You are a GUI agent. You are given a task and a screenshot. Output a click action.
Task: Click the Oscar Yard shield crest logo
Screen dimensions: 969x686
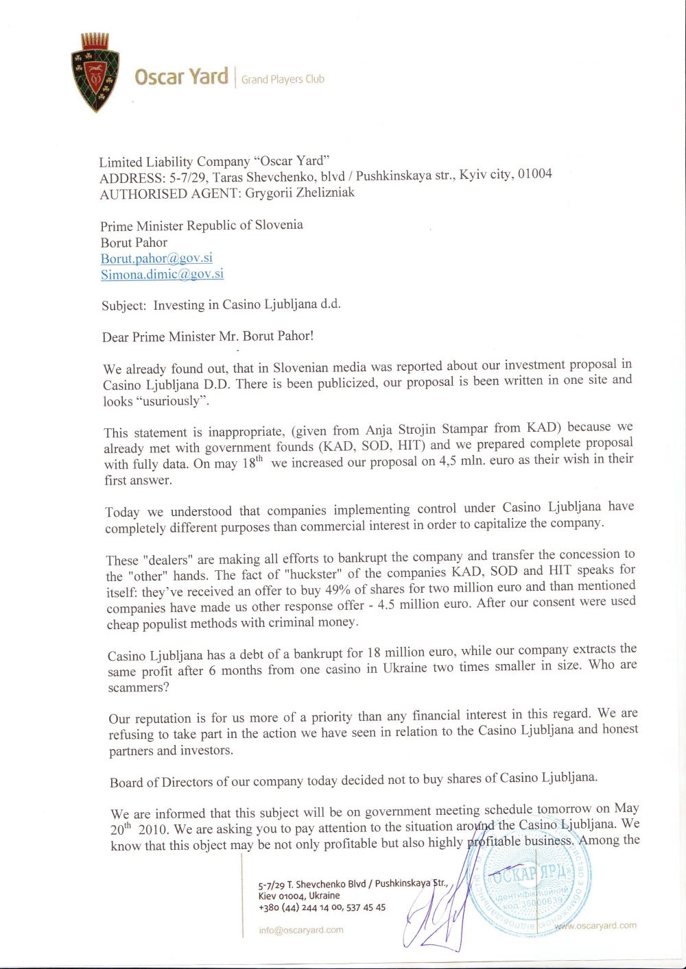pos(95,72)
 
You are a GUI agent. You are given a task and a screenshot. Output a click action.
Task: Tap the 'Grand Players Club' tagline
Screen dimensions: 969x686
pos(283,79)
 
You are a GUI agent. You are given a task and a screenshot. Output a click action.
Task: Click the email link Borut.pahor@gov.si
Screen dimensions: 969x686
pos(156,258)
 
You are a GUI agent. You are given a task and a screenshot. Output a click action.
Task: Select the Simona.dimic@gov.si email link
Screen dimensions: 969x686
pos(162,274)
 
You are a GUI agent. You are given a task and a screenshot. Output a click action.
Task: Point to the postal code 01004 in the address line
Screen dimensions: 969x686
pos(534,173)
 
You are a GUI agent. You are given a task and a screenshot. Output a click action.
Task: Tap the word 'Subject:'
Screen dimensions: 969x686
pos(124,306)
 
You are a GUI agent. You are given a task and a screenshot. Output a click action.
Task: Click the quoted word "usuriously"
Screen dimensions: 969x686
pos(174,401)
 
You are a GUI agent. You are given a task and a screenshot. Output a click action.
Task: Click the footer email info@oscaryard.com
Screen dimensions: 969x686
pos(301,930)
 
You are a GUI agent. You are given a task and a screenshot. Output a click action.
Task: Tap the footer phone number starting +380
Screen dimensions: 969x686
pos(322,907)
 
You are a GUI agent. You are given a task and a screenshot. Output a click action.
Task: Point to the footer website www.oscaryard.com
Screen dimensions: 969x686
pos(595,925)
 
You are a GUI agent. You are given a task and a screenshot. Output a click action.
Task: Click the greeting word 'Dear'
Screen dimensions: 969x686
pos(115,336)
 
